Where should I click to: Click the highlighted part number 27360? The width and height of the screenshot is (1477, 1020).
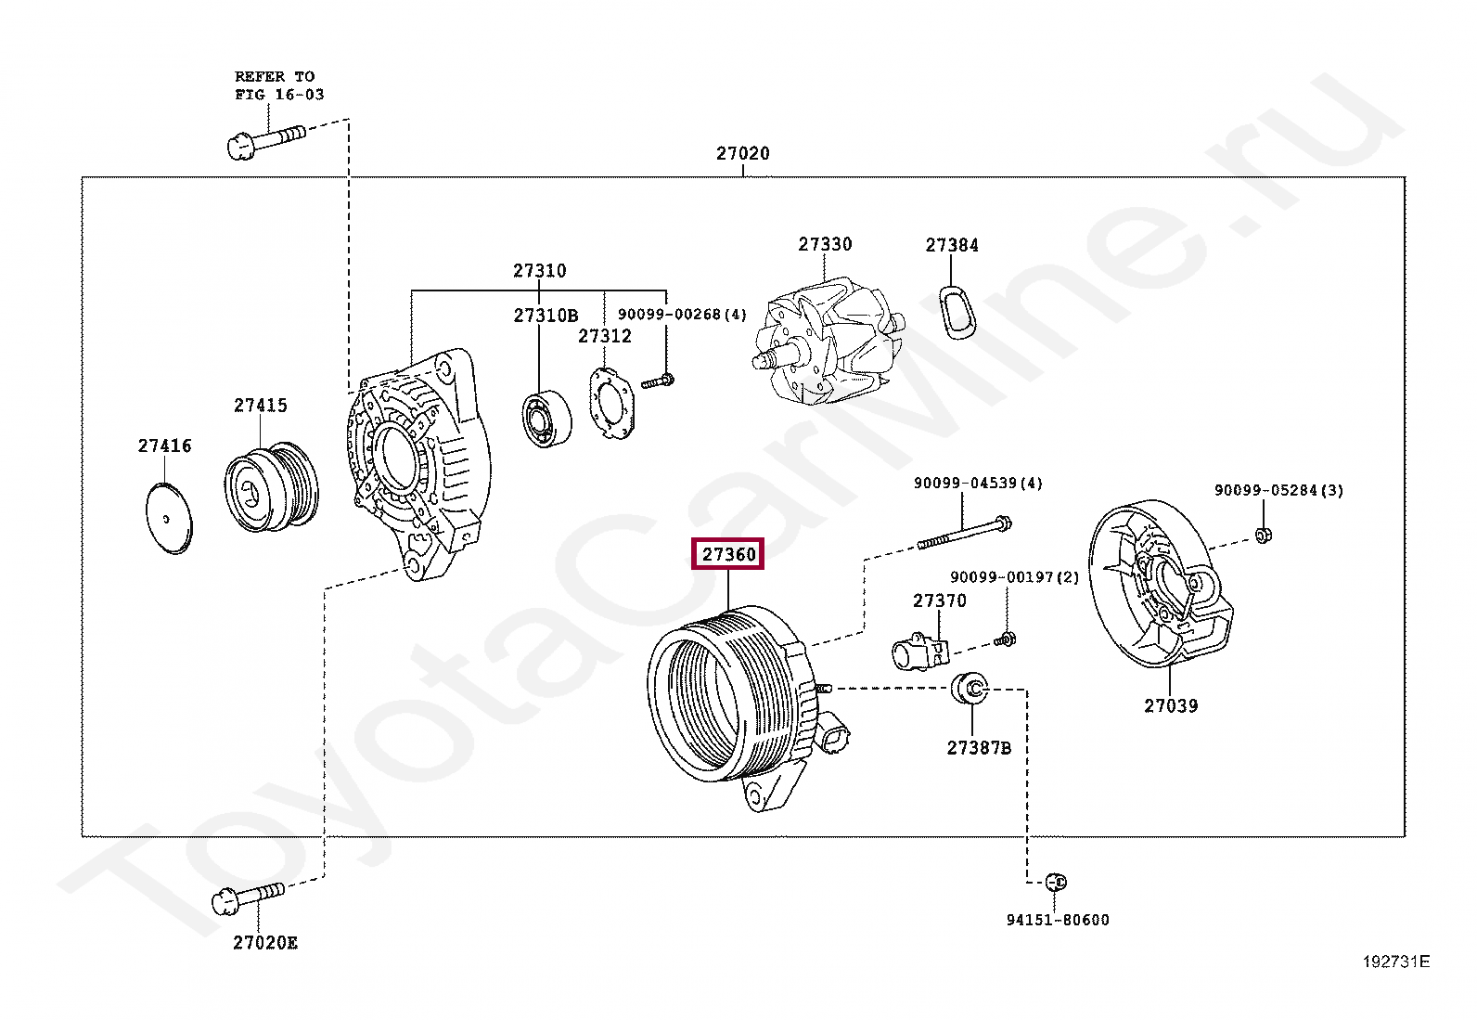point(729,554)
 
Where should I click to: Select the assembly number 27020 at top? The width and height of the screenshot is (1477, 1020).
point(742,153)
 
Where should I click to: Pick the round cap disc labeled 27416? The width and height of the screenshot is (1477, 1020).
point(169,518)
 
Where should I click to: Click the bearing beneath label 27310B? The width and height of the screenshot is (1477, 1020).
point(545,420)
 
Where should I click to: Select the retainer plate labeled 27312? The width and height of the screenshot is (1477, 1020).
point(611,403)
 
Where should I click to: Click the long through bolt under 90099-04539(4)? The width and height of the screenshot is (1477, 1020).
point(964,534)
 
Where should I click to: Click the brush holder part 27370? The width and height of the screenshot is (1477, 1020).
point(918,651)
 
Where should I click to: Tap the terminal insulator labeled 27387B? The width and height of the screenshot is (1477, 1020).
point(970,688)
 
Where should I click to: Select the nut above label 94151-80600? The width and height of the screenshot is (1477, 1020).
point(1056,882)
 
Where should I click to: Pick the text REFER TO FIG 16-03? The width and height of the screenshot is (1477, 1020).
point(277,85)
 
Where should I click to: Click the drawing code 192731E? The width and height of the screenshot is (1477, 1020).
point(1395,962)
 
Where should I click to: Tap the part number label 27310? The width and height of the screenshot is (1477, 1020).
point(539,270)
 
